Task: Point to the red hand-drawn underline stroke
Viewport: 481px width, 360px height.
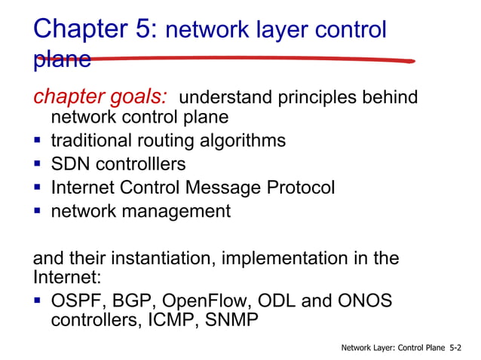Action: point(249,59)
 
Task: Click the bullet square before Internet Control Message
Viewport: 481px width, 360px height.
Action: point(37,188)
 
